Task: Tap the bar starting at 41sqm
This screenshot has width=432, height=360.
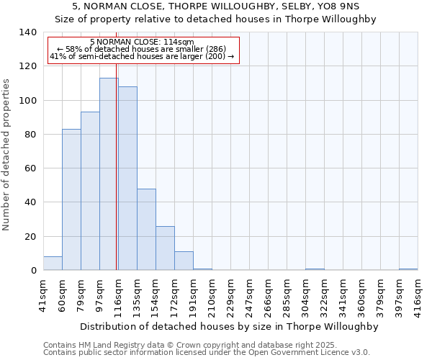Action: (x=53, y=264)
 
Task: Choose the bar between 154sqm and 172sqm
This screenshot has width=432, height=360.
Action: (x=165, y=248)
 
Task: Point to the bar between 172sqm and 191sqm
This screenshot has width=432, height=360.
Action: (x=184, y=261)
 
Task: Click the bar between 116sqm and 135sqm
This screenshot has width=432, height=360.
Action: (x=127, y=179)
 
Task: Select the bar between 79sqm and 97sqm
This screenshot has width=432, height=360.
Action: (x=90, y=191)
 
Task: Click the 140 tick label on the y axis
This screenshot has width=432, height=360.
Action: (x=28, y=32)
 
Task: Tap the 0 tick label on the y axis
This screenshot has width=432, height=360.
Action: (x=34, y=271)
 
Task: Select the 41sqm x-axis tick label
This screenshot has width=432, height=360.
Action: (x=43, y=292)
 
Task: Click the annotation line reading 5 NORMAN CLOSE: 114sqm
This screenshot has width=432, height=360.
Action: (x=143, y=42)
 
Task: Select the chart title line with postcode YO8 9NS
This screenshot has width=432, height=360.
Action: (x=215, y=6)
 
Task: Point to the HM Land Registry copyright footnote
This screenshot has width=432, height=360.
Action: (x=180, y=346)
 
